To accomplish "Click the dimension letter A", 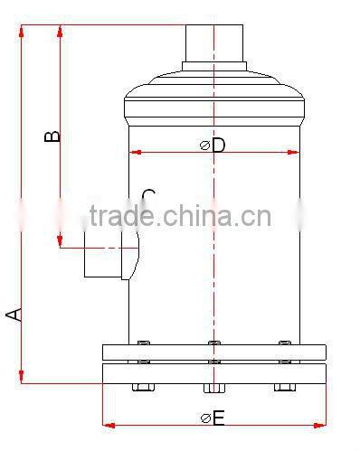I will pos(13,314).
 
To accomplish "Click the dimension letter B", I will pos(52,136).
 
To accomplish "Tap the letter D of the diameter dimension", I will pos(218,145).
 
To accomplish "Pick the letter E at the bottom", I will pos(219,417).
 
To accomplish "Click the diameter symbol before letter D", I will pos(204,145).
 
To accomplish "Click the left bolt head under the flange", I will pos(143,388).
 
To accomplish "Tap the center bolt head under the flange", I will pos(213,389).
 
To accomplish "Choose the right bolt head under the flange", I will pos(285,388).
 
